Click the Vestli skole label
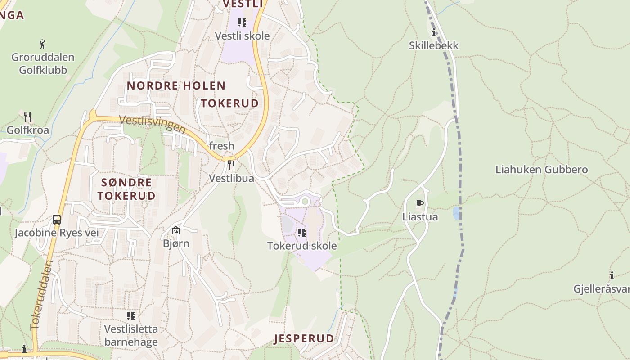coord(242,36)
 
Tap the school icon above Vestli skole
coord(242,22)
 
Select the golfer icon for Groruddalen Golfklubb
coord(42,44)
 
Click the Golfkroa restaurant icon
coord(27,117)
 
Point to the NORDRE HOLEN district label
coord(176,85)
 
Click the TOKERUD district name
coord(229,103)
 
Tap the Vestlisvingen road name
coord(153,124)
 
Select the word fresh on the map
coord(221,146)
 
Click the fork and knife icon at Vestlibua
coord(231,165)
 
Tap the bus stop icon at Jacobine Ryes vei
coord(57,220)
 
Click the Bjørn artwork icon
coord(176,230)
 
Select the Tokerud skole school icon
coord(302,232)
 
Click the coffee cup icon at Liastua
coord(420,203)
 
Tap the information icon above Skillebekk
coord(434,32)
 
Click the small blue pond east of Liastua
coord(457,213)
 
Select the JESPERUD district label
coord(304,338)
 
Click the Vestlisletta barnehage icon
coord(131,315)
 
